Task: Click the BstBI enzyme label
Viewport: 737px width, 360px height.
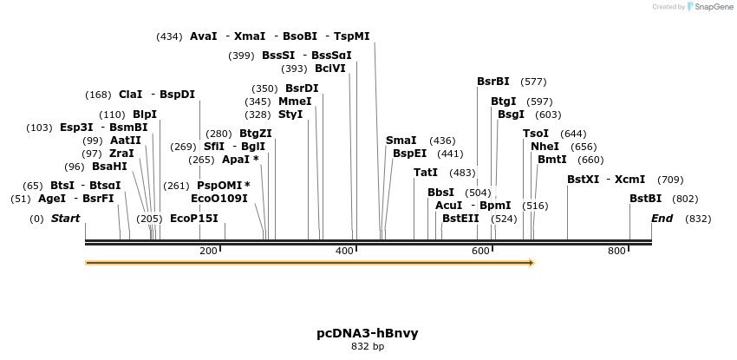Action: tap(646, 199)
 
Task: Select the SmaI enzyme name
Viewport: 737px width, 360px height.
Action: tap(401, 141)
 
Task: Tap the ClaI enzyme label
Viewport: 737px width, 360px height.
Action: tap(130, 95)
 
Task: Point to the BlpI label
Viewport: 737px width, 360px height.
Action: tap(145, 115)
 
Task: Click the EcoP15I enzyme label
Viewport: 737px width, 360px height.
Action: tap(194, 219)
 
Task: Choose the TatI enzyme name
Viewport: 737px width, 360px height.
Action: tap(426, 173)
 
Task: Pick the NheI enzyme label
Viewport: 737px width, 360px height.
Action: tap(545, 147)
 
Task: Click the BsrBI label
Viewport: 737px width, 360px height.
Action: tap(493, 82)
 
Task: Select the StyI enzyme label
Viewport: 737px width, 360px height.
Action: tap(290, 115)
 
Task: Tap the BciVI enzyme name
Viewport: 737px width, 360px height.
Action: tap(330, 69)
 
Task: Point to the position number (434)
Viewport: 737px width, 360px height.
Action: tap(169, 36)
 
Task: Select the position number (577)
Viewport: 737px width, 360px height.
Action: tap(533, 82)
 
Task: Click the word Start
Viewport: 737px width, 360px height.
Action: tap(65, 219)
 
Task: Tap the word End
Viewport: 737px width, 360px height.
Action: tap(662, 219)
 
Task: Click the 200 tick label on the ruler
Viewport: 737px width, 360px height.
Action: tap(208, 252)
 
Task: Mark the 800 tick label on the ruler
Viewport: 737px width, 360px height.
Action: tap(616, 252)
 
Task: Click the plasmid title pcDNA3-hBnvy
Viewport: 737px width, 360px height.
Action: tap(368, 333)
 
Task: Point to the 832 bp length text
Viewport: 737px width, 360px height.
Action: tap(368, 347)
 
